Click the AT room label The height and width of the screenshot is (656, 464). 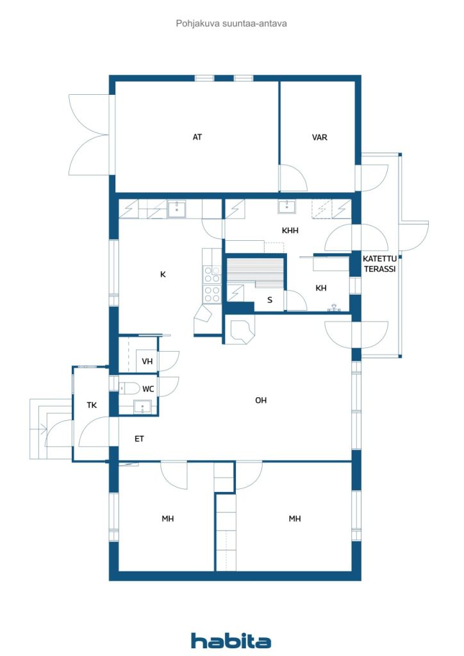coord(197,137)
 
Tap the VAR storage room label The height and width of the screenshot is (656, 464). coord(319,137)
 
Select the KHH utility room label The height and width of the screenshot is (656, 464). coord(290,230)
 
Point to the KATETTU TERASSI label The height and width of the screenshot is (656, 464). coord(379,263)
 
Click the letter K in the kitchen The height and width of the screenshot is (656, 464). coord(163,274)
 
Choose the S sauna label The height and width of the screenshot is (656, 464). coord(270,300)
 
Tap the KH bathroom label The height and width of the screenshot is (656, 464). coord(321,288)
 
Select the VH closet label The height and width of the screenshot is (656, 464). coord(147,361)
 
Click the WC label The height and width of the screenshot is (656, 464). coord(148,389)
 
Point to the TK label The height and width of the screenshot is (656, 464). coord(92,405)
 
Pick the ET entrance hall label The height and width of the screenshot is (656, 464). coord(139,438)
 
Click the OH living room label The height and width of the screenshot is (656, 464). coord(261,400)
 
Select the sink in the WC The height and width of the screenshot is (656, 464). coord(142,407)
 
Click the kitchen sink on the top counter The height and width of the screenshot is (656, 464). coord(176,208)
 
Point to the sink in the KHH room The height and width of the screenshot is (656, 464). coord(287,207)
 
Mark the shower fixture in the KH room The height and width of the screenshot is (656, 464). coord(334,308)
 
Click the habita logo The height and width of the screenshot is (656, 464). coord(231,640)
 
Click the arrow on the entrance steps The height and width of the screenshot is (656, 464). coord(42,427)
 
